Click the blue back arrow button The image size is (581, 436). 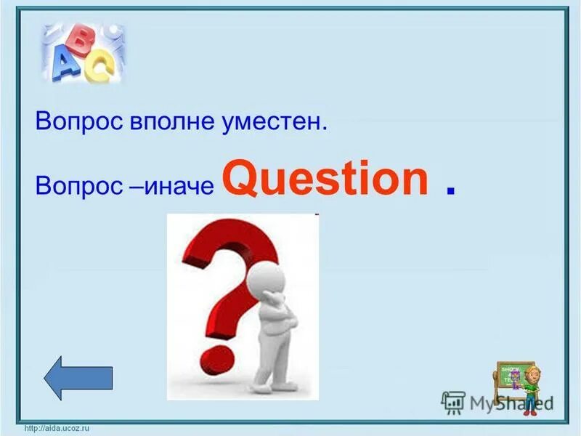point(78,378)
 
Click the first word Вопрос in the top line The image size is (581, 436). point(70,121)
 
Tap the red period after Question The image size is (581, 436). point(451,190)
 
